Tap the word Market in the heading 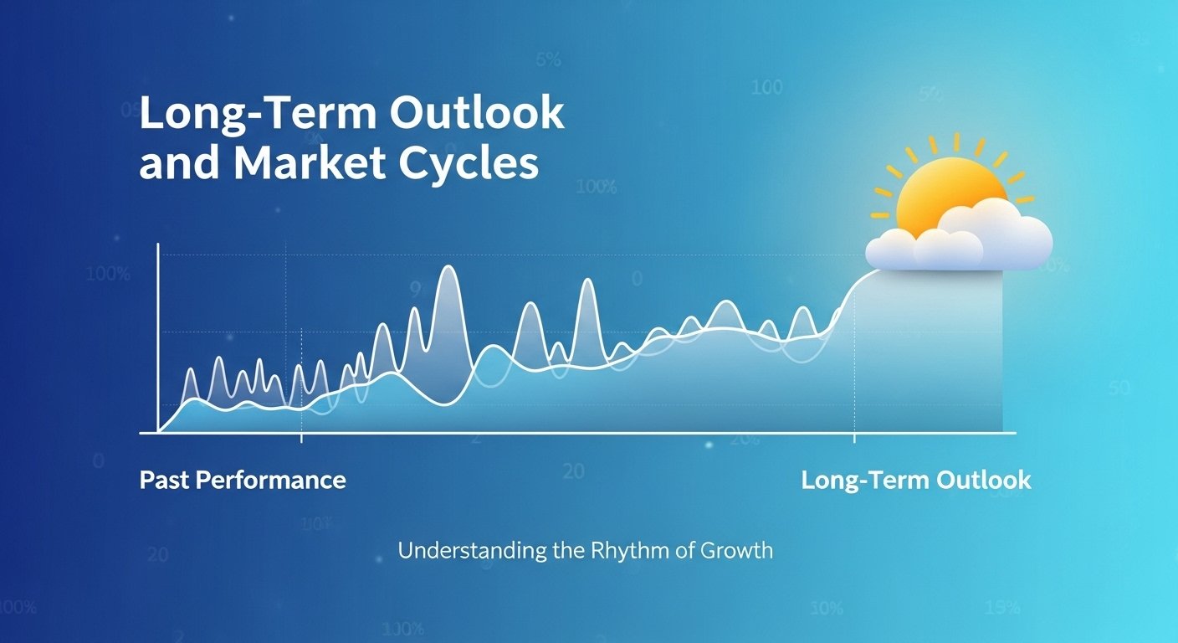[x=312, y=164]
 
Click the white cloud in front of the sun [x=962, y=239]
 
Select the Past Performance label [x=243, y=480]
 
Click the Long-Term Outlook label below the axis [x=916, y=481]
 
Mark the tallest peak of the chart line [x=448, y=269]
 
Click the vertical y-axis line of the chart [x=158, y=335]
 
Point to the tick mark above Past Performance [x=301, y=437]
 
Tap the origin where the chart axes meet [x=158, y=433]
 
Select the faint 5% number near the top [x=547, y=60]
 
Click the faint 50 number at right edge [x=1119, y=388]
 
